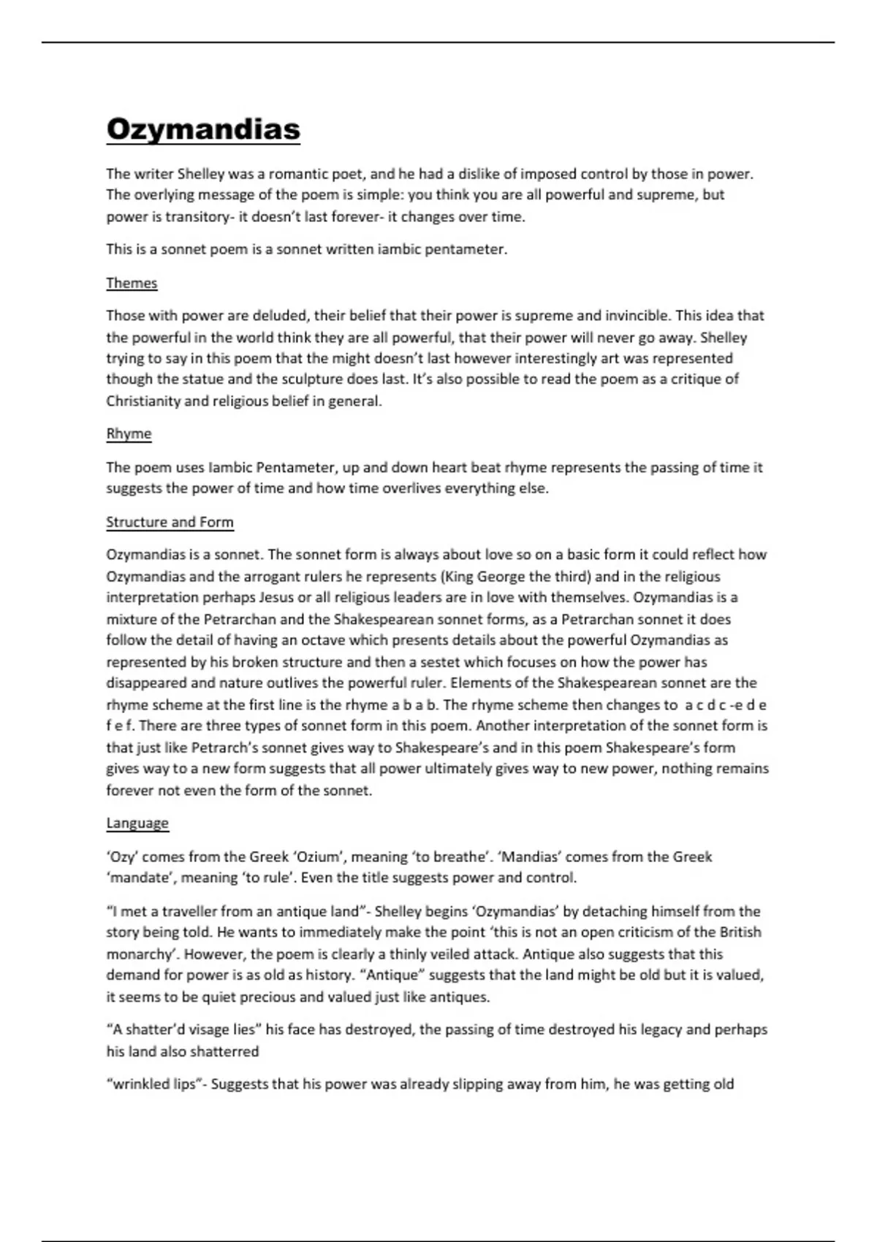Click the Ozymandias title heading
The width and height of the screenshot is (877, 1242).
[x=203, y=129]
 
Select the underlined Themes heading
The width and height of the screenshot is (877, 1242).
[x=132, y=283]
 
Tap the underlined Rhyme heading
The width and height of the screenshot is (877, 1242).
[x=129, y=433]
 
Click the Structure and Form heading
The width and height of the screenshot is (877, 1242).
[x=170, y=522]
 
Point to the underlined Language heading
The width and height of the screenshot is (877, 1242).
[x=137, y=823]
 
